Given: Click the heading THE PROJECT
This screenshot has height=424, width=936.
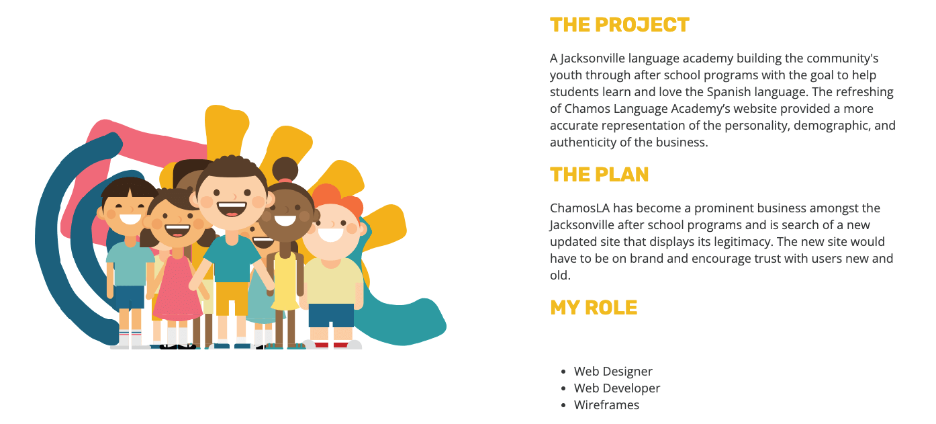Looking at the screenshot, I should pos(619,25).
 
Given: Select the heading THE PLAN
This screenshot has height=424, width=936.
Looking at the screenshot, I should pos(599,175).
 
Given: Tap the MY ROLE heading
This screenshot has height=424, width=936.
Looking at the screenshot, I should pos(593,308).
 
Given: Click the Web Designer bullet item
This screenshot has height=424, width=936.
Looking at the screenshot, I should pos(613,372).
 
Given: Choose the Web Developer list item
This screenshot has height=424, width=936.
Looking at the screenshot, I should pos(617,388).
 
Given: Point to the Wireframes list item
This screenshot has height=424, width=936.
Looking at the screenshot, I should pos(606,405).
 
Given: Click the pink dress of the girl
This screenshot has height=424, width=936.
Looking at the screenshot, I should pos(177,289).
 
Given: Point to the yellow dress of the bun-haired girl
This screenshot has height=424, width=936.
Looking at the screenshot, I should pos(285,282).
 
